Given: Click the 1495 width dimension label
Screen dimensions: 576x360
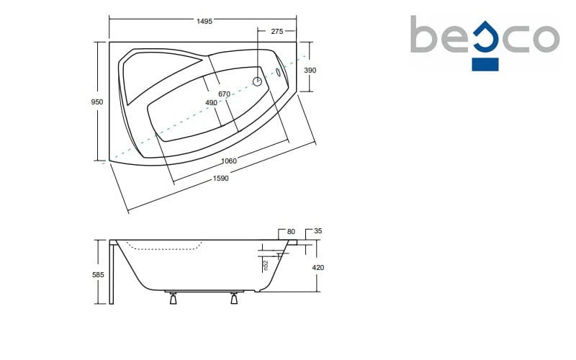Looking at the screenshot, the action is click(x=204, y=22).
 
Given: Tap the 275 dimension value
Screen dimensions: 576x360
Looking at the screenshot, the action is click(x=277, y=32).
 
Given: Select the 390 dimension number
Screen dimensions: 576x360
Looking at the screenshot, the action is click(x=310, y=70).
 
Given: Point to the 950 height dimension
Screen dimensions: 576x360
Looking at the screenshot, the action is click(x=97, y=102).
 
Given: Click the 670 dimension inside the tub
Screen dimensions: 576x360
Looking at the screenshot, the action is click(x=224, y=94).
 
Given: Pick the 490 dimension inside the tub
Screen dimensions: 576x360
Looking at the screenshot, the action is click(x=211, y=103).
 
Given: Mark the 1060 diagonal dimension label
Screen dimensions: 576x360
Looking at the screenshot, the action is click(x=229, y=161).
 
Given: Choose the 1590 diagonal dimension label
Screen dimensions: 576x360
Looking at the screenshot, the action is click(x=221, y=179).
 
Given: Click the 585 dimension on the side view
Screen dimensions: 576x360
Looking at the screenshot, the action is click(x=98, y=275).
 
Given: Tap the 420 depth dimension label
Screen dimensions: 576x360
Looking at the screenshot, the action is click(x=318, y=268).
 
